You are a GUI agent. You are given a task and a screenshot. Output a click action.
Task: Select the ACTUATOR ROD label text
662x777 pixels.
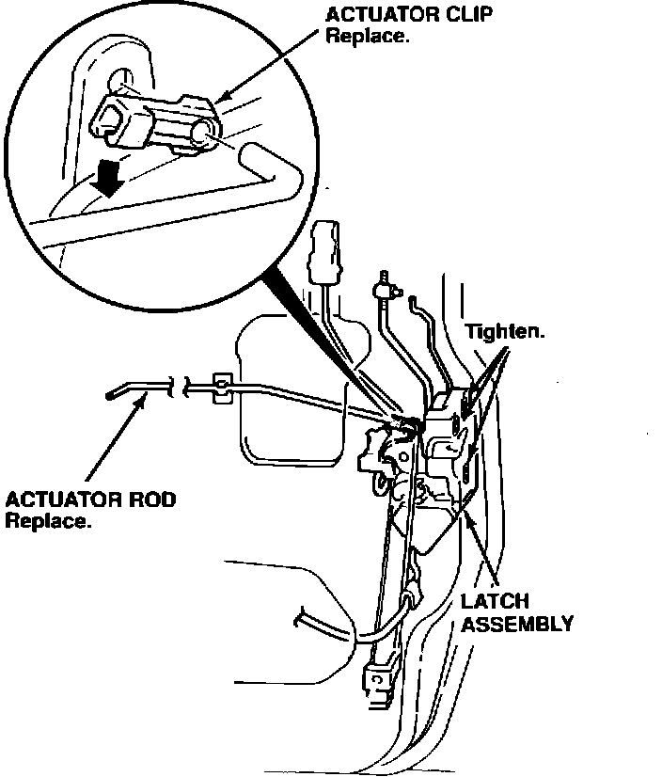(90, 499)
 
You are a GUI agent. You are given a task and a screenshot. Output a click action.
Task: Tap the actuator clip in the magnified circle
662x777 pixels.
(156, 122)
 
